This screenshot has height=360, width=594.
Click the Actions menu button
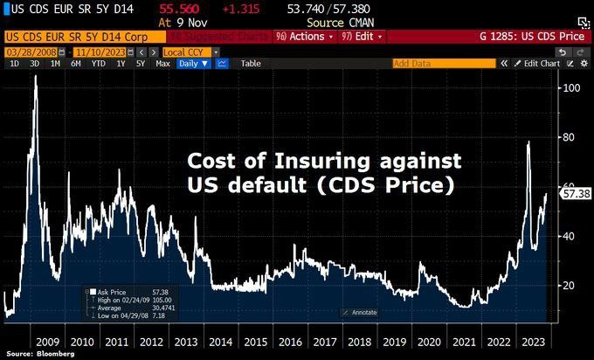(300, 37)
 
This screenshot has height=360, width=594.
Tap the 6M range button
(76, 64)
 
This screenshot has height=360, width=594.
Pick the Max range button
(162, 64)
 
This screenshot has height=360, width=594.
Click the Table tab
(251, 64)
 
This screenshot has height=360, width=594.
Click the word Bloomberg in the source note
(54, 355)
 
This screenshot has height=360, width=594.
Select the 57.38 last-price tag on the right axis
(578, 193)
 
